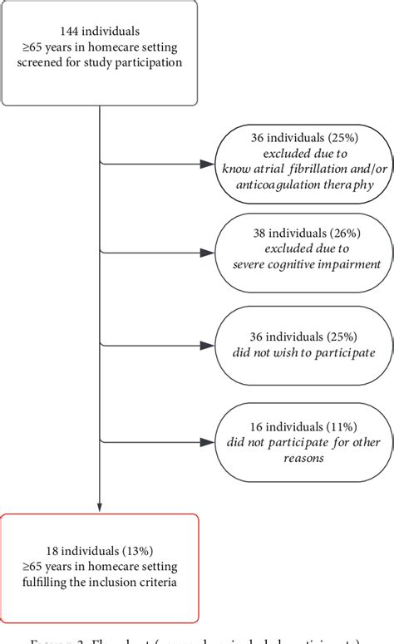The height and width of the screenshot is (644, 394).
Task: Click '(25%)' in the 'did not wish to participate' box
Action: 339,337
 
